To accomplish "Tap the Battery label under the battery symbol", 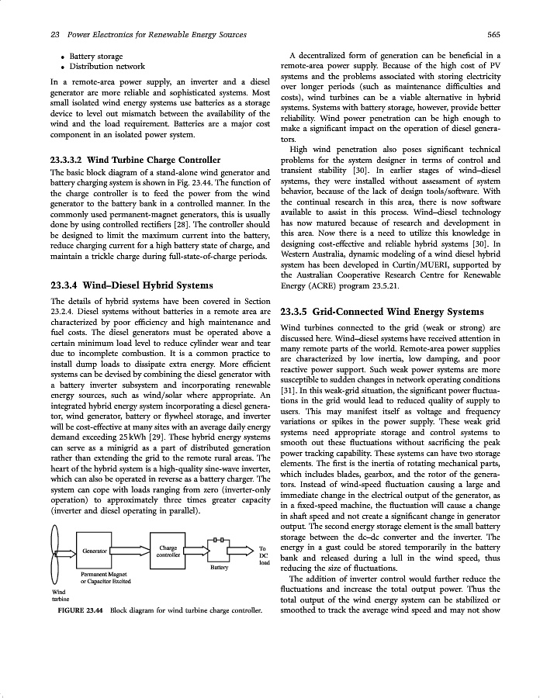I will click(x=220, y=567).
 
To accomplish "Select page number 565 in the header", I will click(x=493, y=34).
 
